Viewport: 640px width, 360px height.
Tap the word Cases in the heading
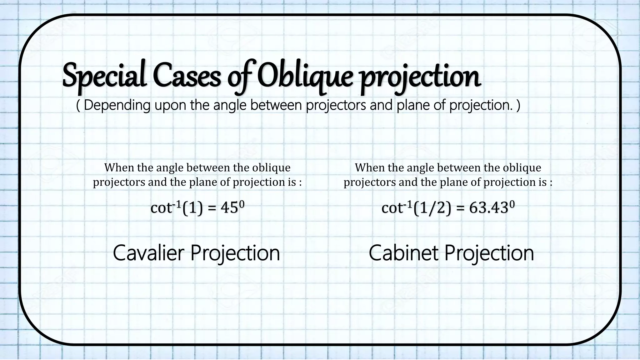click(x=187, y=77)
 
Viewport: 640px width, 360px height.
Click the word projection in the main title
click(x=420, y=77)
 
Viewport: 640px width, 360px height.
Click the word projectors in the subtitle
click(x=336, y=105)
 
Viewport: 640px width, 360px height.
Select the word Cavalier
click(x=149, y=253)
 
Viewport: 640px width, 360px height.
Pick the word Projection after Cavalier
click(x=235, y=253)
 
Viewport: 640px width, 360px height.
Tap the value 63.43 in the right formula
click(x=489, y=208)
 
